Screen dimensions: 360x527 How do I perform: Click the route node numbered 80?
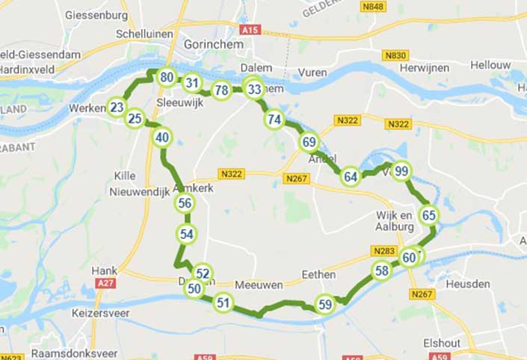point(167,77)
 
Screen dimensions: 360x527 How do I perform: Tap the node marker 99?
point(401,171)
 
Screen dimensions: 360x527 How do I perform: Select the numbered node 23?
point(117,108)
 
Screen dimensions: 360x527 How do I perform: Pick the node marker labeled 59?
point(324,304)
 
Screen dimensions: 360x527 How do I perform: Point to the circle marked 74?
point(274,120)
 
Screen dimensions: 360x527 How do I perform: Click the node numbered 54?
point(187,234)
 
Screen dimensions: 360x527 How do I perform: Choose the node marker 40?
point(162,137)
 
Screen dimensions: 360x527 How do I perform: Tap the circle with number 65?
point(428,215)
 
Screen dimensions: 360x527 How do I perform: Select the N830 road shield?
point(395,55)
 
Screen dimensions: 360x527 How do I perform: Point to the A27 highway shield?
point(106,284)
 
